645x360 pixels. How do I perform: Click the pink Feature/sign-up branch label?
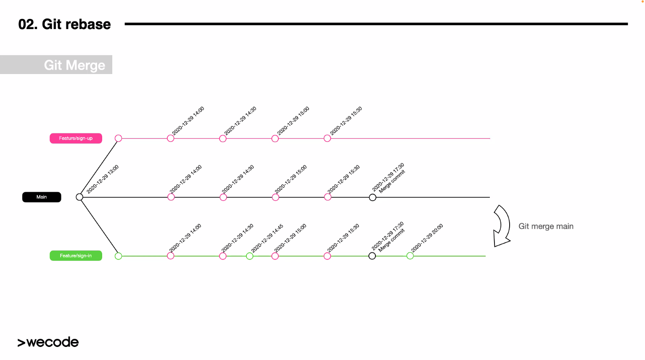click(76, 138)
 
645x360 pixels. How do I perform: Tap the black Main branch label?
click(42, 197)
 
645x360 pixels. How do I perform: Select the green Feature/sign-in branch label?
click(76, 256)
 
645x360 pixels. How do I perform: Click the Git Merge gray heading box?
click(56, 65)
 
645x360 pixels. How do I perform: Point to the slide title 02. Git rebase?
click(64, 24)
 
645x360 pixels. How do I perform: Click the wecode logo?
click(48, 342)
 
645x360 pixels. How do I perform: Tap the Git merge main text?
click(546, 226)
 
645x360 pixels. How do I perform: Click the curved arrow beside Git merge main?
click(502, 226)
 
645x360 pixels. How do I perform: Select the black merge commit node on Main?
click(373, 197)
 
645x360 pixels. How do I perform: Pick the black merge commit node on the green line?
click(372, 256)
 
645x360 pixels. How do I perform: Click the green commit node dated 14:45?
click(250, 256)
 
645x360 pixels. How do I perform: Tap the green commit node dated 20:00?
click(410, 256)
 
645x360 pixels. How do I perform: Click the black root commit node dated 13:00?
click(79, 197)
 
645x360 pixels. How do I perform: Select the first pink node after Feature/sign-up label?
click(119, 138)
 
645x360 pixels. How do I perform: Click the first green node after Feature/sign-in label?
click(119, 256)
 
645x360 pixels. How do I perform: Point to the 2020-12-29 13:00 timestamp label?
click(103, 179)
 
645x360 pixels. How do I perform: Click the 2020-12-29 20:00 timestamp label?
click(427, 238)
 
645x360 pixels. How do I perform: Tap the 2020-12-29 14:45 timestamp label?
click(267, 238)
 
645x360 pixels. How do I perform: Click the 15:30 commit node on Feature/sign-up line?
click(327, 138)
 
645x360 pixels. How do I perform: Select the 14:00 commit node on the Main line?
click(171, 197)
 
